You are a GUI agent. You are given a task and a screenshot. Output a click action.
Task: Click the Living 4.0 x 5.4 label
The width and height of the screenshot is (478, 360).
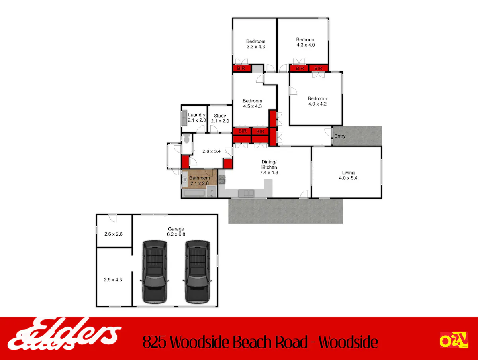pyautogui.click(x=348, y=175)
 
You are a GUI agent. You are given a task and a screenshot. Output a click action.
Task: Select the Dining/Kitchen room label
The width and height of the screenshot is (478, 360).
pyautogui.click(x=269, y=167)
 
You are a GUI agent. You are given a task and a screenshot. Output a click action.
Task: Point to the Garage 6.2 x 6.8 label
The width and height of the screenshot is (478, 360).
pyautogui.click(x=176, y=232)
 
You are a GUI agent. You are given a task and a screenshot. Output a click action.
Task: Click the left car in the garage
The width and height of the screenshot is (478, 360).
pyautogui.click(x=155, y=272)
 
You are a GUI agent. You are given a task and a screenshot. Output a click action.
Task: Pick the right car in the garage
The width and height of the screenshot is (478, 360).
pyautogui.click(x=197, y=272)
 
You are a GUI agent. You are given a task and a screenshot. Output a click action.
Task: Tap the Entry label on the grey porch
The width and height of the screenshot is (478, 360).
pyautogui.click(x=340, y=136)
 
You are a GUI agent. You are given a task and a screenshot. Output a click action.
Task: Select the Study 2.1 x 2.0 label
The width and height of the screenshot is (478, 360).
pyautogui.click(x=220, y=118)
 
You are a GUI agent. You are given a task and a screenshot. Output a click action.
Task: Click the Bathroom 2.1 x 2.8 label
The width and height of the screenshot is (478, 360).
pyautogui.click(x=200, y=181)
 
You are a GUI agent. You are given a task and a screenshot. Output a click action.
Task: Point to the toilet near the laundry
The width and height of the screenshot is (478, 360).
pyautogui.click(x=187, y=138)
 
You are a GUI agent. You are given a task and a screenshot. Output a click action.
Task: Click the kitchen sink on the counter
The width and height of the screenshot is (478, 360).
pyautogui.click(x=246, y=193)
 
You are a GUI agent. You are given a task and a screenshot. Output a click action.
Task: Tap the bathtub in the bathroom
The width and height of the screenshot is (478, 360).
pyautogui.click(x=194, y=193)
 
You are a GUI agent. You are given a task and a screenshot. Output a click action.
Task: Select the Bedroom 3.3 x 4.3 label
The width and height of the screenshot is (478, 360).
pyautogui.click(x=256, y=44)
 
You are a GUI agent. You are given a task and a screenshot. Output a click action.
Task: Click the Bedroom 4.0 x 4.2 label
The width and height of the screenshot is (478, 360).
pyautogui.click(x=317, y=101)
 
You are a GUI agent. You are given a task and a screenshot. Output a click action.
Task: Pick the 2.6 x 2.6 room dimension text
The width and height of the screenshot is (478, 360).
pyautogui.click(x=114, y=234)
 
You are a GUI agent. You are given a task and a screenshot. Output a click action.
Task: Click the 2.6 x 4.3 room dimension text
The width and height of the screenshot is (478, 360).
pyautogui.click(x=113, y=279)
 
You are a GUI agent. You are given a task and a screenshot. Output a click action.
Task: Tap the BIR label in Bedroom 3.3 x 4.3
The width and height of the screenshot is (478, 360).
pyautogui.click(x=241, y=68)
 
